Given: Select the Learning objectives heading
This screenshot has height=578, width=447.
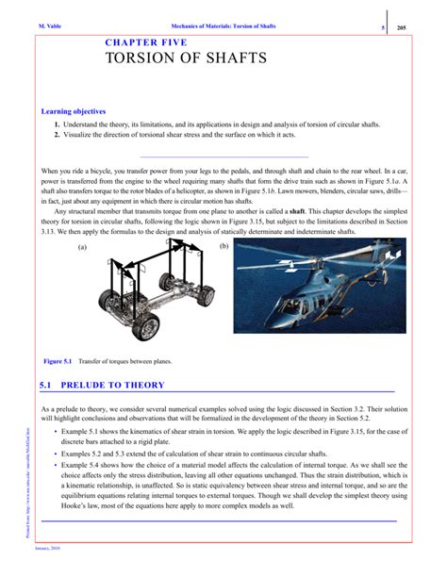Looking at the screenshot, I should [79, 111].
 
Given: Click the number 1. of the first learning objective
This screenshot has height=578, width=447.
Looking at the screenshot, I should [58, 124].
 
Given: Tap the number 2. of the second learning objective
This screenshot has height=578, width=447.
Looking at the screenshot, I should [58, 136].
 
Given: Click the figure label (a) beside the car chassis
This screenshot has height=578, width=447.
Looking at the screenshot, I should [82, 247].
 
